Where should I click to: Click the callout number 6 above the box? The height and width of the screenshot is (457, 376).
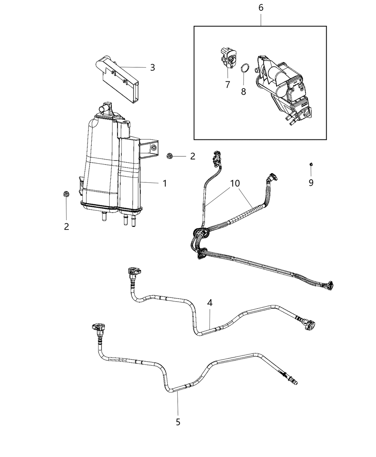261,8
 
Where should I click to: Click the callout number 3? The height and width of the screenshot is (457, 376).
153,67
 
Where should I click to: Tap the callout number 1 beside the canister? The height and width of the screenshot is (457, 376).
165,184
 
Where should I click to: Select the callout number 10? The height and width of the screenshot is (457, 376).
235,184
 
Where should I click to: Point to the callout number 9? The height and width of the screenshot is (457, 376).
311,183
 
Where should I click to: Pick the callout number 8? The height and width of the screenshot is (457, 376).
244,91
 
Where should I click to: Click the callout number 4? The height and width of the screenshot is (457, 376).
209,303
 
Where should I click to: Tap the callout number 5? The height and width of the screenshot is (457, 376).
178,422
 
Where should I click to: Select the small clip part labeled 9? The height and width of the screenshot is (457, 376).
311,164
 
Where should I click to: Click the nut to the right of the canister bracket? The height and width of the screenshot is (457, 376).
170,156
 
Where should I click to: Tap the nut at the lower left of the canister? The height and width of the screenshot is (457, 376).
66,194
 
